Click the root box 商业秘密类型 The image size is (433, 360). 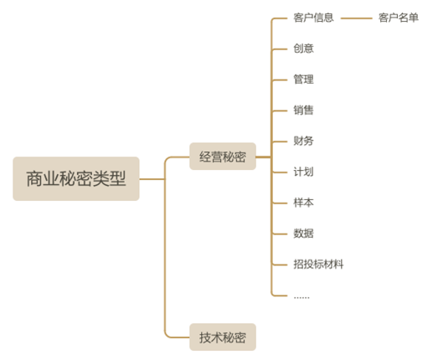pyautogui.click(x=76, y=178)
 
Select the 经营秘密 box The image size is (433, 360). pyautogui.click(x=223, y=157)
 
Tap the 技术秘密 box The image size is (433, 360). pyautogui.click(x=223, y=337)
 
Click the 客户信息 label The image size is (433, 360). pyautogui.click(x=313, y=18)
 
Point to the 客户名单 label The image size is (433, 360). pyautogui.click(x=399, y=18)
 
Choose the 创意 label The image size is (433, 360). pyautogui.click(x=303, y=49)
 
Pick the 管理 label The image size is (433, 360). pyautogui.click(x=303, y=80)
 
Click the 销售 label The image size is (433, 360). pyautogui.click(x=303, y=110)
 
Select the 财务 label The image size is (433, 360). pyautogui.click(x=303, y=141)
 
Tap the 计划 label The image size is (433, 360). pyautogui.click(x=303, y=172)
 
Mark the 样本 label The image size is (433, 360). pyautogui.click(x=303, y=203)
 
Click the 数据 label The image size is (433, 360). pyautogui.click(x=303, y=234)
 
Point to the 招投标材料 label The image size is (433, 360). pyautogui.click(x=318, y=264)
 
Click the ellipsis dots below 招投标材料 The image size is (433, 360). pyautogui.click(x=302, y=298)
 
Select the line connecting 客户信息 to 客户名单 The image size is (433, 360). pyautogui.click(x=357, y=18)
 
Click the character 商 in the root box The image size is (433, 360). pyautogui.click(x=34, y=178)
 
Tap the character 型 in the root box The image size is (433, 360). pyautogui.click(x=117, y=178)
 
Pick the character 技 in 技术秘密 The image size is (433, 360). pyautogui.click(x=205, y=337)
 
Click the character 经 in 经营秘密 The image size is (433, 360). pyautogui.click(x=205, y=157)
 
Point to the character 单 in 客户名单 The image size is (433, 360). pyautogui.click(x=414, y=18)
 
